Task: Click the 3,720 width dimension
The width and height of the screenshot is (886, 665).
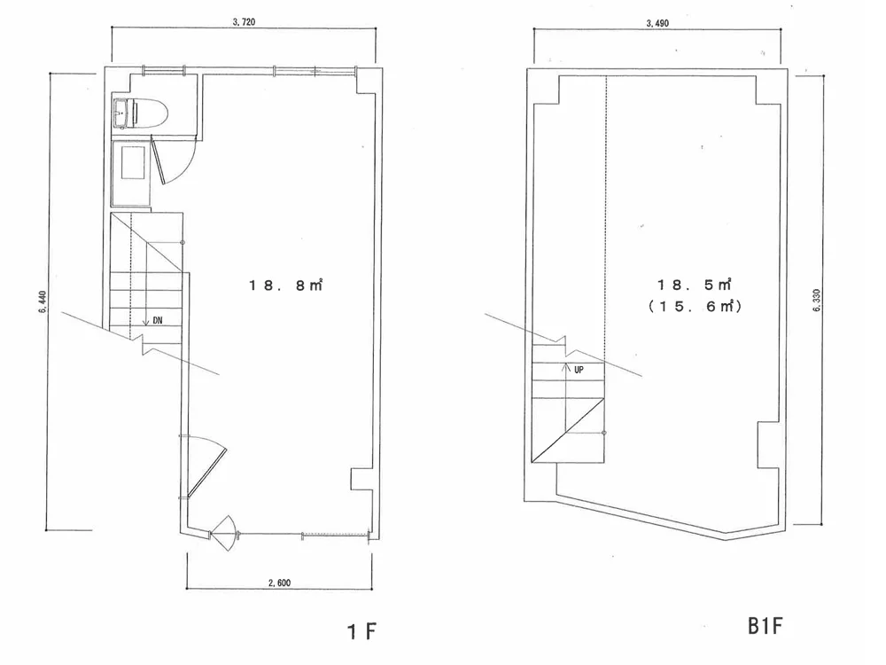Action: (244, 22)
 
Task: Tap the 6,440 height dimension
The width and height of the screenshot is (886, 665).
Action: (43, 302)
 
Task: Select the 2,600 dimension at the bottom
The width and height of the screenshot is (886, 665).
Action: (280, 583)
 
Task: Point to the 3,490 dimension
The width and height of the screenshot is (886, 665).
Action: (657, 23)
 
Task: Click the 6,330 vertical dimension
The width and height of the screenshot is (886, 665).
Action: (816, 301)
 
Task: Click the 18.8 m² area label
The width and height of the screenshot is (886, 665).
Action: (286, 285)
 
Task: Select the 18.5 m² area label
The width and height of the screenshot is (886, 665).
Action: (695, 284)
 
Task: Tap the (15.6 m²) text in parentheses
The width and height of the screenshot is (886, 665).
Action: (695, 306)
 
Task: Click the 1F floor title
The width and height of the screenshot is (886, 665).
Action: (361, 631)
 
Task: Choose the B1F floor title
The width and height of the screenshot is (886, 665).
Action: (766, 626)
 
